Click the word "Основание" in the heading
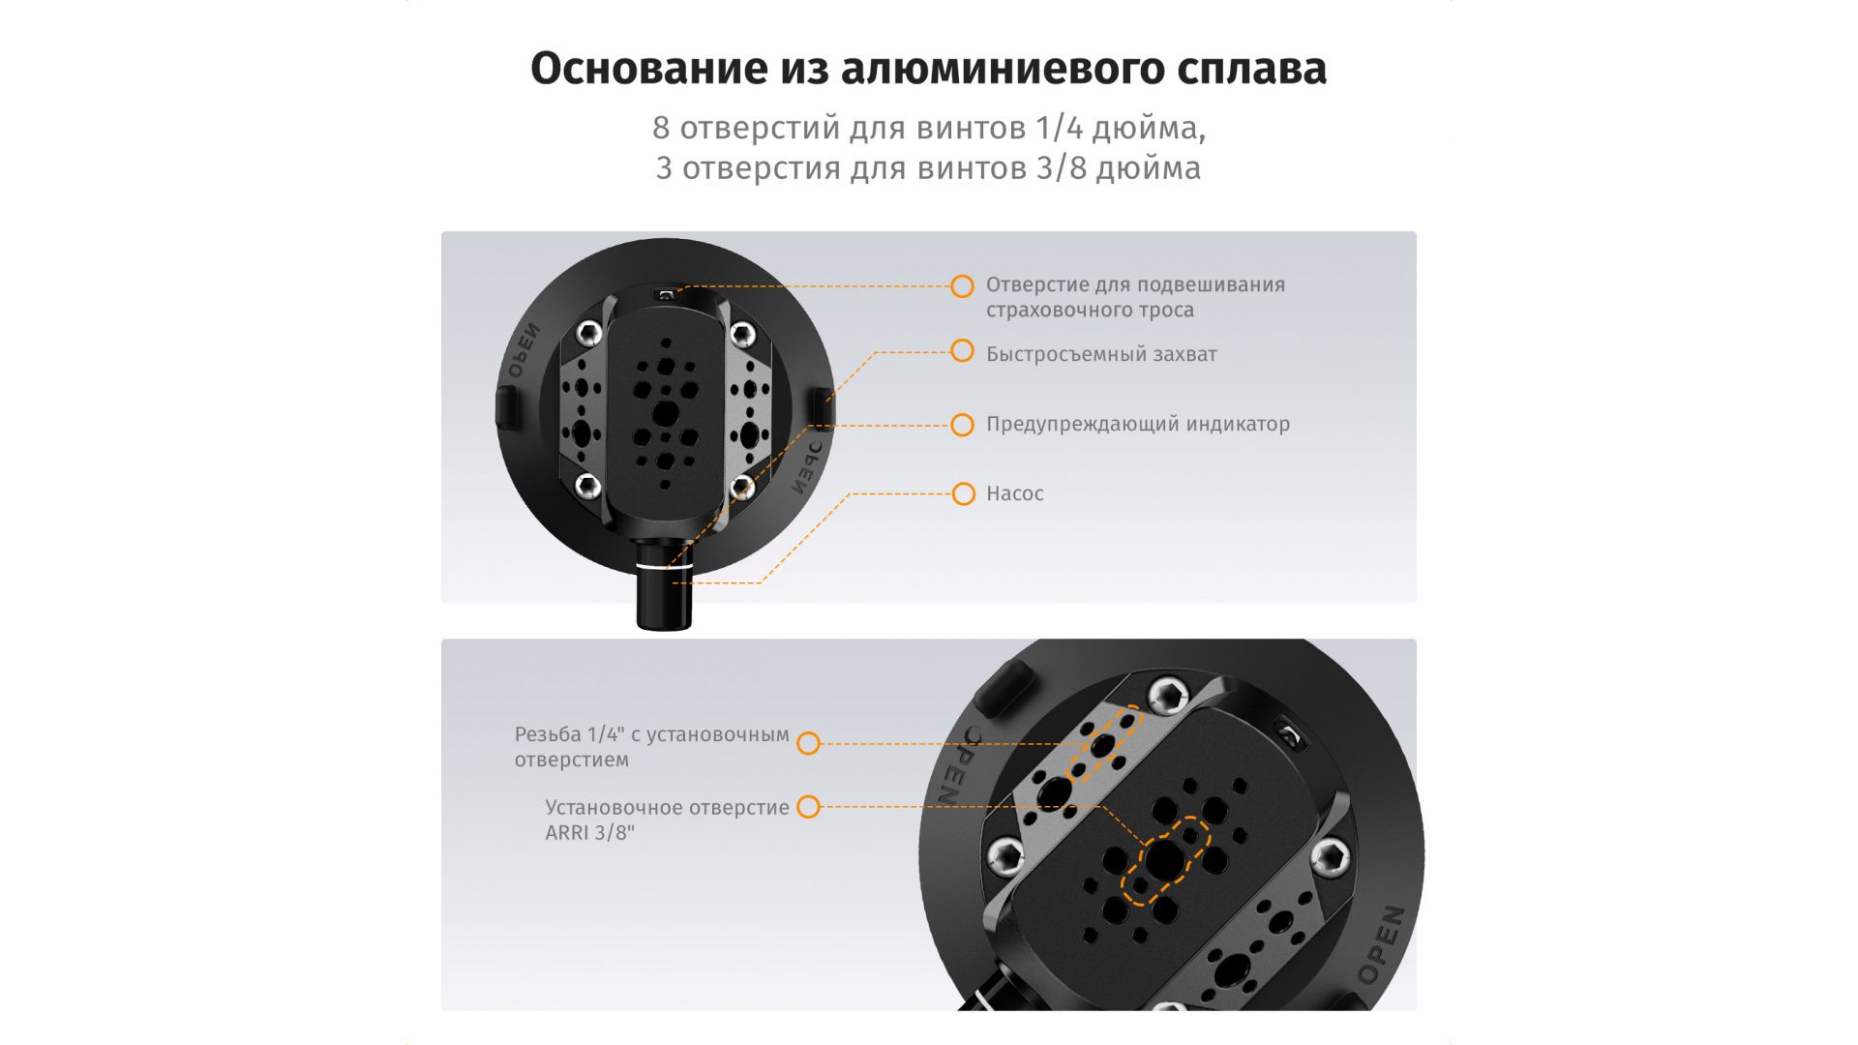pyautogui.click(x=643, y=70)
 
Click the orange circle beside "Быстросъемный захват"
pyautogui.click(x=962, y=350)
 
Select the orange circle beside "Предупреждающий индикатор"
pyautogui.click(x=962, y=425)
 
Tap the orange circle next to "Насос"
pyautogui.click(x=963, y=494)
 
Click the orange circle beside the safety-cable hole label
pyautogui.click(x=962, y=286)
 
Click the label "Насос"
pyautogui.click(x=1014, y=493)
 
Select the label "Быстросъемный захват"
pyautogui.click(x=1101, y=354)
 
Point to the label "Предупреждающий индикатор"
pyautogui.click(x=1138, y=424)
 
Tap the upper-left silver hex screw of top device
pyautogui.click(x=588, y=335)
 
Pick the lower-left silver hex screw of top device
pyautogui.click(x=587, y=485)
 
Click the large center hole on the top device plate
pyautogui.click(x=665, y=414)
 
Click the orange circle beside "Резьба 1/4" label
pyautogui.click(x=808, y=743)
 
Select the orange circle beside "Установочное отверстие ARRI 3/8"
pyautogui.click(x=808, y=807)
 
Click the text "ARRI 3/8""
pyautogui.click(x=589, y=833)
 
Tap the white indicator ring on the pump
pyautogui.click(x=664, y=566)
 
